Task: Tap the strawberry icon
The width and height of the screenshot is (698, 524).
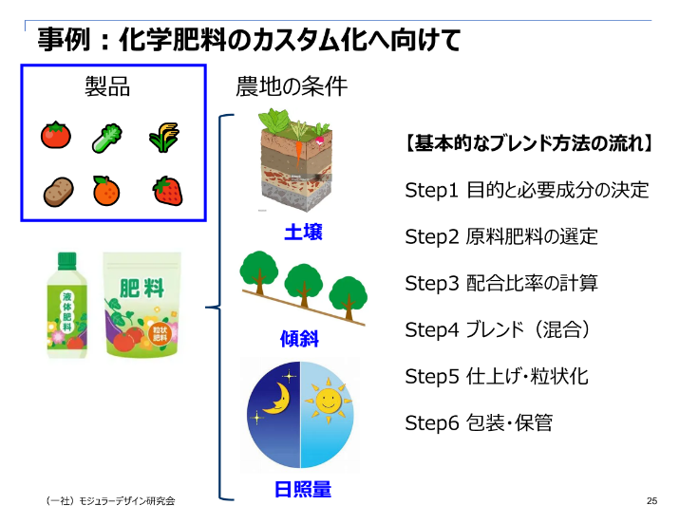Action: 168,191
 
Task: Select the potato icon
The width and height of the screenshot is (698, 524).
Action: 58,192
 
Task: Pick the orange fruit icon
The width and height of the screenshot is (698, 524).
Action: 106,191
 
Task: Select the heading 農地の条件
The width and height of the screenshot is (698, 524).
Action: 292,87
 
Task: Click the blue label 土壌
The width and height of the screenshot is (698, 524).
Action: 303,232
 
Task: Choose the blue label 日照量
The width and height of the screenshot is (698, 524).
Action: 303,490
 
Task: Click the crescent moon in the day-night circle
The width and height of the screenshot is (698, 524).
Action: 274,400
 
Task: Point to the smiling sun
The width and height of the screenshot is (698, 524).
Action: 329,401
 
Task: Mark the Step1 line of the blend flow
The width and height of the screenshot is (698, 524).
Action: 526,190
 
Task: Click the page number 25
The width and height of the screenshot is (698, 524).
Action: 651,501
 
